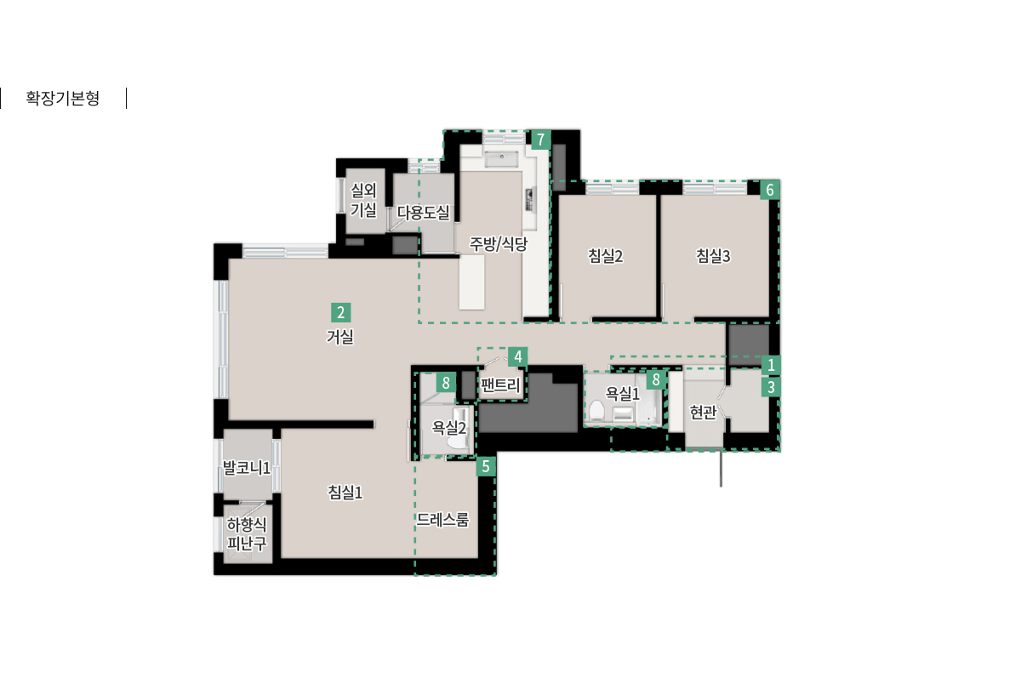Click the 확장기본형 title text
click(62, 98)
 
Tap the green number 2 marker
click(340, 312)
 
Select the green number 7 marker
click(540, 140)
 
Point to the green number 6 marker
click(770, 190)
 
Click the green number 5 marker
click(486, 466)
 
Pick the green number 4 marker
click(518, 356)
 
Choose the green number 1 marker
click(771, 365)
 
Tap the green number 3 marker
click(771, 387)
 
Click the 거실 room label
click(340, 337)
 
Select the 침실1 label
click(345, 492)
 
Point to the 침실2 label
click(605, 256)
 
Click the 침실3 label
click(713, 256)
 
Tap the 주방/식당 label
click(499, 244)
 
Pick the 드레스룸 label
click(442, 520)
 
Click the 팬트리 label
click(500, 385)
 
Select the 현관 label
click(703, 413)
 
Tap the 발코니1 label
click(246, 468)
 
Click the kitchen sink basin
click(501, 159)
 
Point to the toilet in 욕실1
click(596, 410)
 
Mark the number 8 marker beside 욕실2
click(446, 383)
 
